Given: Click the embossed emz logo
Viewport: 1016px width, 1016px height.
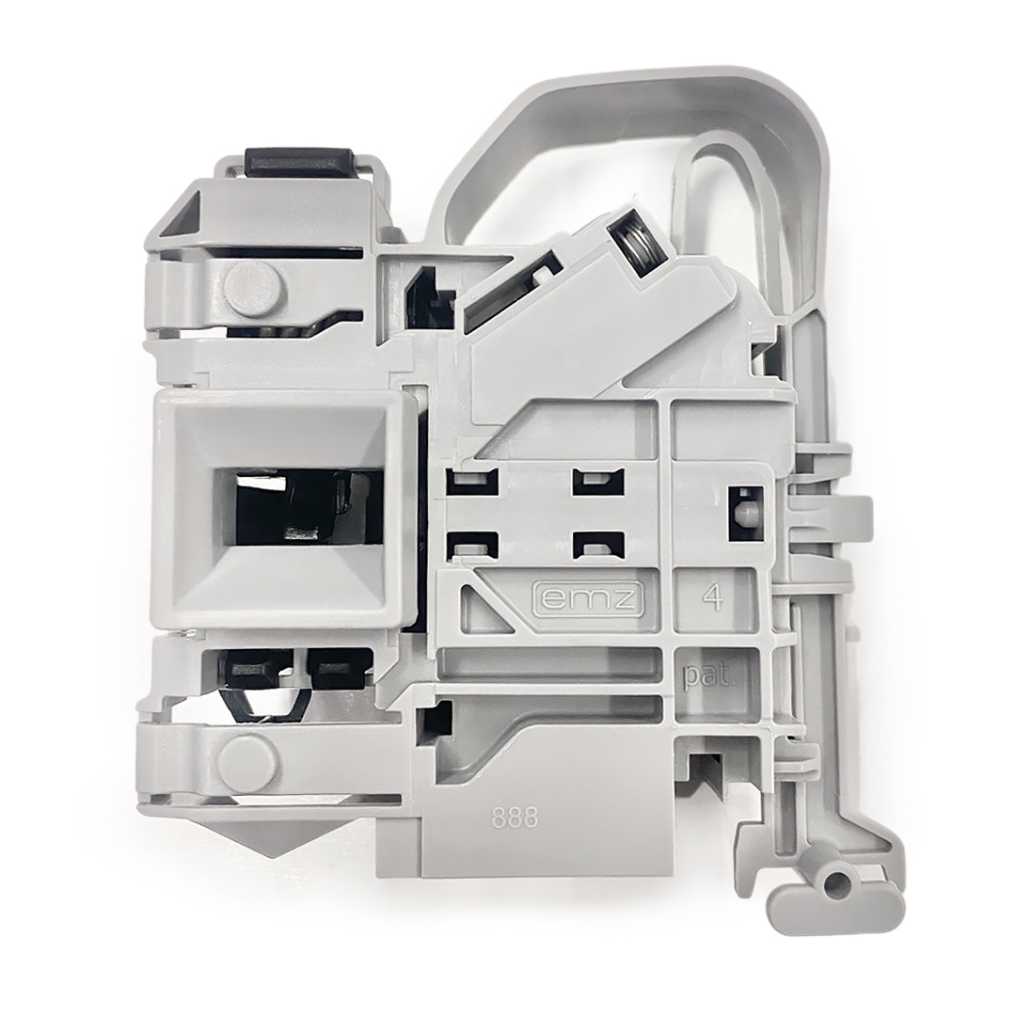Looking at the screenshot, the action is [x=588, y=599].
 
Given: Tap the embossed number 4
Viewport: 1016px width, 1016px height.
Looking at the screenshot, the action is [x=714, y=598].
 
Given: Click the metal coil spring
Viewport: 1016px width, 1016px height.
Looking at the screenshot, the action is [x=641, y=245].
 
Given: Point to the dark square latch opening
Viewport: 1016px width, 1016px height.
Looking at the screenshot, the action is [x=293, y=505].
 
